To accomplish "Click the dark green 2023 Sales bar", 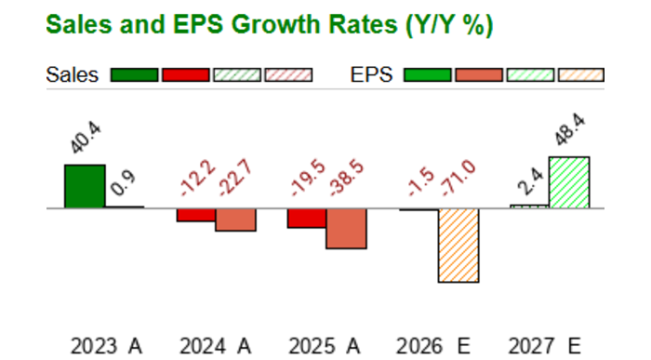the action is pos(85,186).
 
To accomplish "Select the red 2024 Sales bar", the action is pos(196,215).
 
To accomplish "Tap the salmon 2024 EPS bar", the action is pos(236,220).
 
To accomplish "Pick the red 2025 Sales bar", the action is pos(307,218).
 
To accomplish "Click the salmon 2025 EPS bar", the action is pos(346,229).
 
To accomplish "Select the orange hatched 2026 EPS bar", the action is pos(458,246).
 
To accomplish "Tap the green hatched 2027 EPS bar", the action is pos(569,182).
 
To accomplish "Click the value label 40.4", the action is pos(86,138).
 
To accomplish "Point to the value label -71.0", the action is pos(458,178).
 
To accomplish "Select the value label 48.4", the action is pos(570,129).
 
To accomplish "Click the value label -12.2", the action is pos(198,178).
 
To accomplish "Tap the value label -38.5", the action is pos(346,178).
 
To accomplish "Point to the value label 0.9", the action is pos(124,183).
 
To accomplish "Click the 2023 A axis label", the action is pos(106,346).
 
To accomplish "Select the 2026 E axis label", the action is pos(433,346).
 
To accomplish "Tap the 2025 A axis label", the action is pos(325,346).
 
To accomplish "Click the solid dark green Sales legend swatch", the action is pos(135,75).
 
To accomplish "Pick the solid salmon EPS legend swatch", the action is pos(479,75).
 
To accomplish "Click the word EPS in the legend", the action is pos(372,75).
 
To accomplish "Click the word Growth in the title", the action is pos(277,24).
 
